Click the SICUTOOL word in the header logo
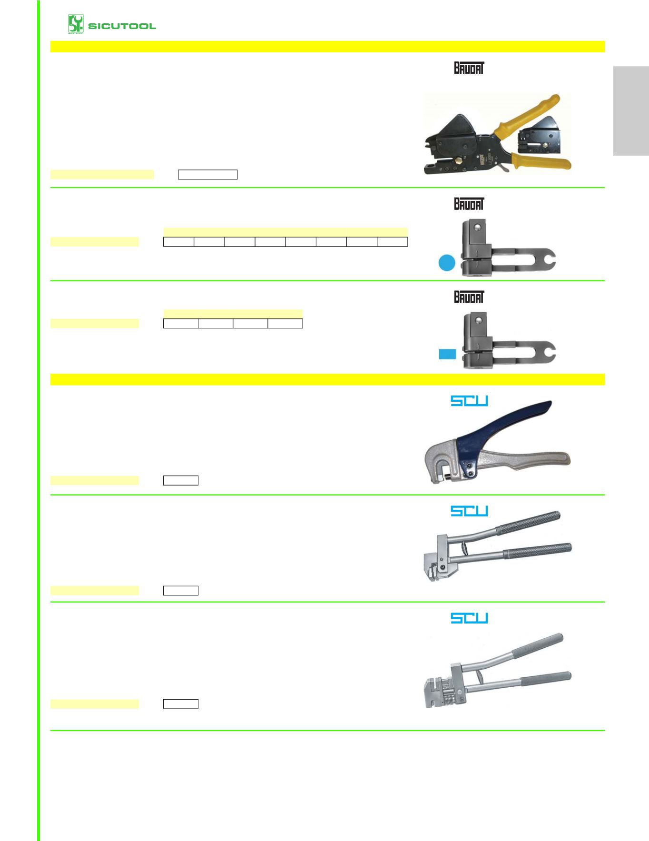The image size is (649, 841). coord(122,26)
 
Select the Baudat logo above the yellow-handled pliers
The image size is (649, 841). coord(469,68)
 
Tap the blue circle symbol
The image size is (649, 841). coord(447,263)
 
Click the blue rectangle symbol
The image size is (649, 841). coord(447,354)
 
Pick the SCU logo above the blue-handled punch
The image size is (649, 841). coord(469,401)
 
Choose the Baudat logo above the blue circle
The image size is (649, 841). coord(469,204)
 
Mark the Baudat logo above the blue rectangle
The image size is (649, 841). coord(469,297)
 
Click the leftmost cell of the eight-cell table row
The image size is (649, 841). coord(178,242)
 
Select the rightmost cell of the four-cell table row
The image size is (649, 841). coord(285,324)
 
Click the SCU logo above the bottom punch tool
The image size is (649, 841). coord(469,618)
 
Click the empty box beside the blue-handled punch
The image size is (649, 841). coord(181,480)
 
